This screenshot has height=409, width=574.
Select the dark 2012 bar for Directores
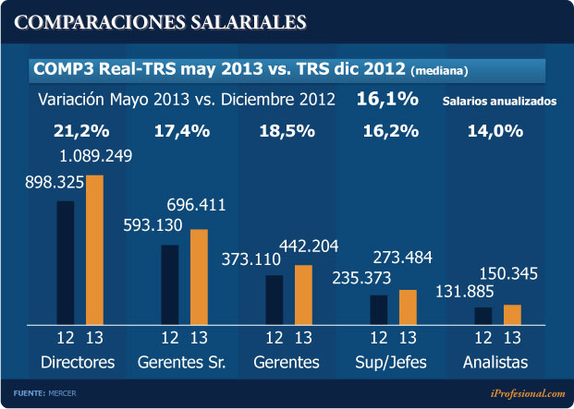[x=66, y=262]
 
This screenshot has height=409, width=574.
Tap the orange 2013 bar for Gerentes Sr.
[x=199, y=276]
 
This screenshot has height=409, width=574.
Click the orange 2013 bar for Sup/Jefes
[x=408, y=306]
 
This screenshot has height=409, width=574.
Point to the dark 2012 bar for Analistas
[x=482, y=315]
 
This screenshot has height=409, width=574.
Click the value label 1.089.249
[x=94, y=156]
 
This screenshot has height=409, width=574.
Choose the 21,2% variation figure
[x=78, y=130]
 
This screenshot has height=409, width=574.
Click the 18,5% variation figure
[x=287, y=130]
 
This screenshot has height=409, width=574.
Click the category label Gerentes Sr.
[x=182, y=362]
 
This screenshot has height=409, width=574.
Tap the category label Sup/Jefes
[x=391, y=362]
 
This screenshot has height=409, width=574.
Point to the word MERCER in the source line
[x=63, y=393]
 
